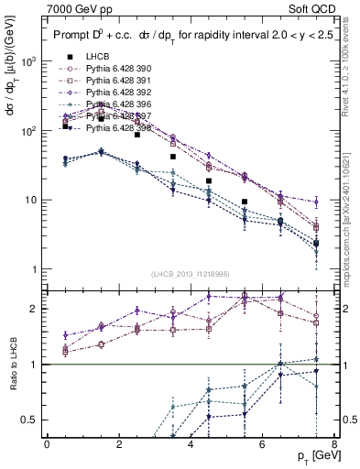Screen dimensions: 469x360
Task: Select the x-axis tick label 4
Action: (x=191, y=444)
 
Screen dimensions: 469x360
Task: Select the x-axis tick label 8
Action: (x=333, y=444)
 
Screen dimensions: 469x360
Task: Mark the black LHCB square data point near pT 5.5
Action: (x=245, y=202)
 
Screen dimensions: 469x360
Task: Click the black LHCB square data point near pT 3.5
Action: (x=173, y=157)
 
